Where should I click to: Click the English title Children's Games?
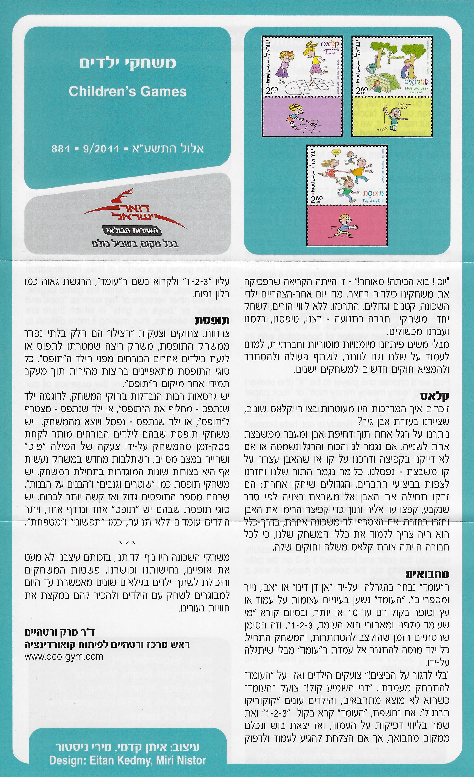(128, 92)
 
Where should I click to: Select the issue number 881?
(61, 149)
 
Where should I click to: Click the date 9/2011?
(100, 149)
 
